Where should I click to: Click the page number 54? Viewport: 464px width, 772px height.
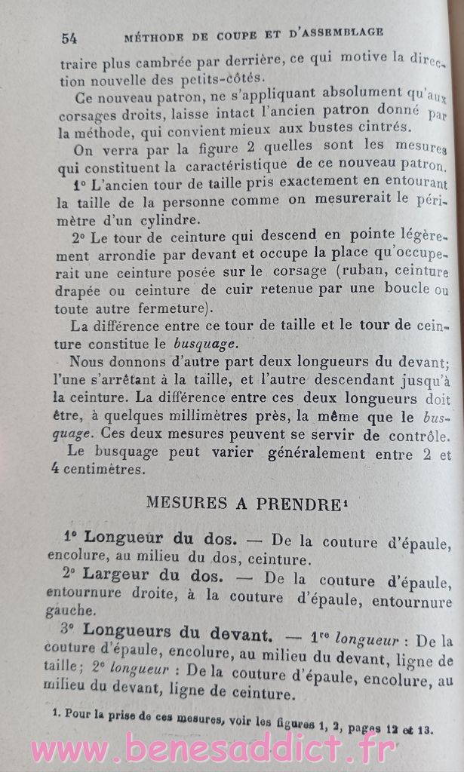69,37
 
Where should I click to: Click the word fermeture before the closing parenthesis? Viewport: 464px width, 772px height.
163,308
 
